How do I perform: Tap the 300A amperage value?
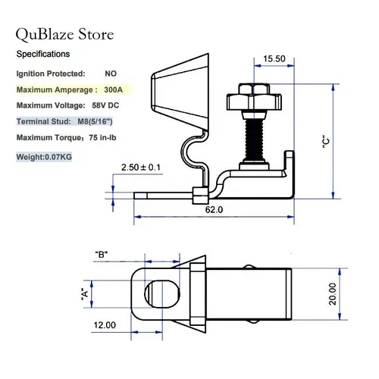tap(115, 89)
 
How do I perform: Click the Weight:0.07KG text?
tap(44, 158)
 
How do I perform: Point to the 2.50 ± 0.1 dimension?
tap(141, 167)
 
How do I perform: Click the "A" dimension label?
tap(84, 292)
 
